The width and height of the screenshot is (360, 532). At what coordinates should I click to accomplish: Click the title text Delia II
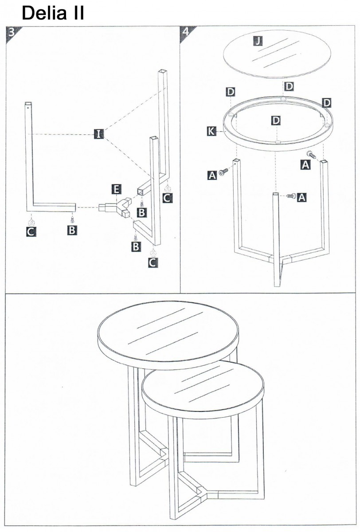click(53, 13)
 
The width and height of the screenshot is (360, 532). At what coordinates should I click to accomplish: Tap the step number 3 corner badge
click(12, 33)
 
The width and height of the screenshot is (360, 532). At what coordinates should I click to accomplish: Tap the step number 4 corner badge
click(186, 33)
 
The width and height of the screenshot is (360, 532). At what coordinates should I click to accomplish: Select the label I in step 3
click(98, 134)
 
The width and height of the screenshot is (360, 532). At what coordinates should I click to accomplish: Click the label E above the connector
click(116, 190)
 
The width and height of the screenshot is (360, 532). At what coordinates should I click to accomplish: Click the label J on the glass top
click(258, 41)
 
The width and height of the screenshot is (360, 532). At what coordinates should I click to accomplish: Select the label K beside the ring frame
click(211, 131)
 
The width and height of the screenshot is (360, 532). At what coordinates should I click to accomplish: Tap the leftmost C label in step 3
click(31, 231)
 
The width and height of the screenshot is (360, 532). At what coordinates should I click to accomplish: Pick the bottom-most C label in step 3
click(153, 262)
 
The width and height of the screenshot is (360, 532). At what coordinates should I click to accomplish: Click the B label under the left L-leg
click(72, 230)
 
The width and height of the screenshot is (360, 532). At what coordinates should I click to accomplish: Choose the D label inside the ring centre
click(276, 121)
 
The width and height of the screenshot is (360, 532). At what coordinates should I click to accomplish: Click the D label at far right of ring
click(327, 103)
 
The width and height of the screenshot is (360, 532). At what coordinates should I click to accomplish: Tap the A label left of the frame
click(212, 175)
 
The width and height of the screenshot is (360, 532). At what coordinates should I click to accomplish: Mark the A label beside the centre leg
click(301, 197)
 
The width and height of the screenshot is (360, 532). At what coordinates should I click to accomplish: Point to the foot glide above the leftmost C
click(31, 222)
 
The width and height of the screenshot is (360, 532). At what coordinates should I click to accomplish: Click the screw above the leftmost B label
click(72, 220)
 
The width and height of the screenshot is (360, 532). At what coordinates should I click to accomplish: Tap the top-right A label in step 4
click(305, 164)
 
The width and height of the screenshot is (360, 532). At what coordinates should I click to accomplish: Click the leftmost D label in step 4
click(231, 92)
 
